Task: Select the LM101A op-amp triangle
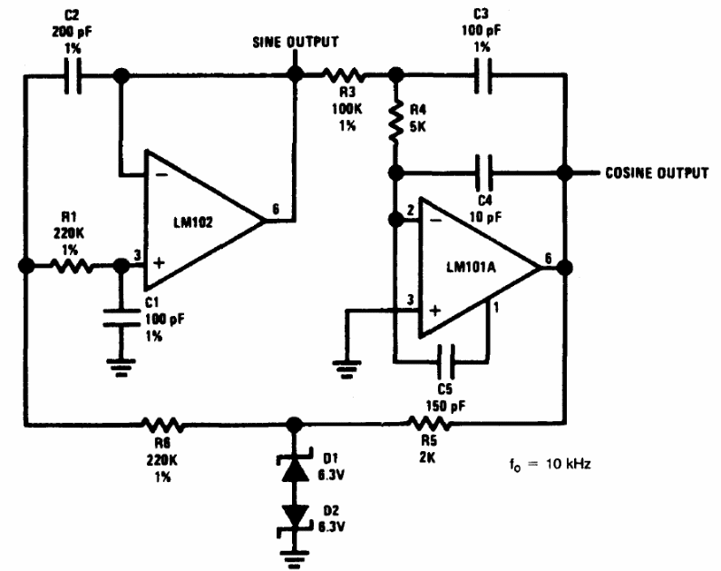coord(476,267)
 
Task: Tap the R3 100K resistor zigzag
coord(348,79)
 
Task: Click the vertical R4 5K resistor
coord(395,123)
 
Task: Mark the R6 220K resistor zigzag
coord(162,424)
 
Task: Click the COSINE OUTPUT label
coord(657,172)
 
